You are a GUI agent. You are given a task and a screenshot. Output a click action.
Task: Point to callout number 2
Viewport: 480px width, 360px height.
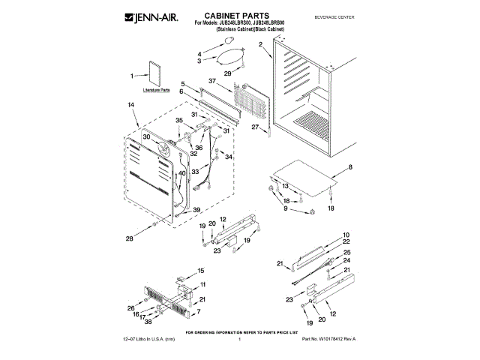(260, 45)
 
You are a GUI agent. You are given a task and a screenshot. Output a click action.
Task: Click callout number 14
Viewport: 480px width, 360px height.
(131, 106)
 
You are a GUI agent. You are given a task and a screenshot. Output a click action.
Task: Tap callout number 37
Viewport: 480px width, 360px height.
(213, 80)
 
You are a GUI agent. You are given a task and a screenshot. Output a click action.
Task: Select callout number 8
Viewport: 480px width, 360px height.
(349, 166)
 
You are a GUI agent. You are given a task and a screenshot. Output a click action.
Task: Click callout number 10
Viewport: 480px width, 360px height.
(346, 235)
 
